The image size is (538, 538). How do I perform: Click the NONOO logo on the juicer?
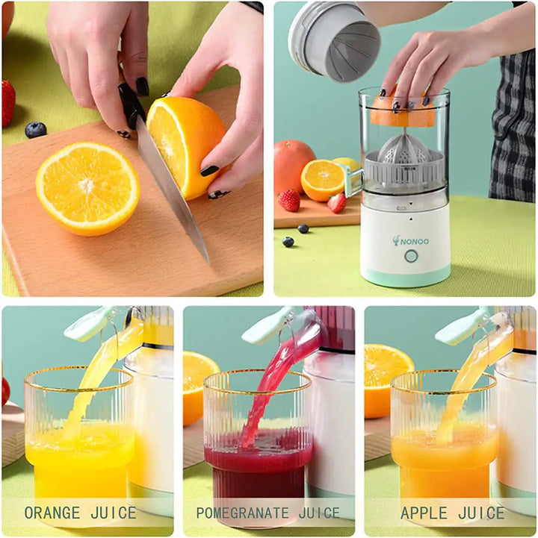pyautogui.click(x=411, y=241)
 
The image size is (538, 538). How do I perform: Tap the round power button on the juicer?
pyautogui.click(x=411, y=256)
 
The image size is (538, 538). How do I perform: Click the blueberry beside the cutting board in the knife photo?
pyautogui.click(x=35, y=130)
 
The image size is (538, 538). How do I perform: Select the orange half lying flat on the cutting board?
pyautogui.click(x=87, y=189)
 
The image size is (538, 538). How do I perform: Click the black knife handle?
pyautogui.click(x=132, y=104)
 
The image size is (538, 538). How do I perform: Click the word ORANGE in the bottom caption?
pyautogui.click(x=52, y=513)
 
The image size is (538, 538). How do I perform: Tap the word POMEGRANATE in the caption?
pyautogui.click(x=242, y=513)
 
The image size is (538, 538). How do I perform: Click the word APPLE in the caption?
pyautogui.click(x=424, y=513)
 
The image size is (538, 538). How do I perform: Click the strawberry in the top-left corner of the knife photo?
pyautogui.click(x=8, y=104)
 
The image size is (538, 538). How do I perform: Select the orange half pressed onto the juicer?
pyautogui.click(x=402, y=110)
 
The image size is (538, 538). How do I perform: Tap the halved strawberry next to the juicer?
pyautogui.click(x=337, y=203)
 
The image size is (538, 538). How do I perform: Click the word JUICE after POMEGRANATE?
pyautogui.click(x=319, y=513)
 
